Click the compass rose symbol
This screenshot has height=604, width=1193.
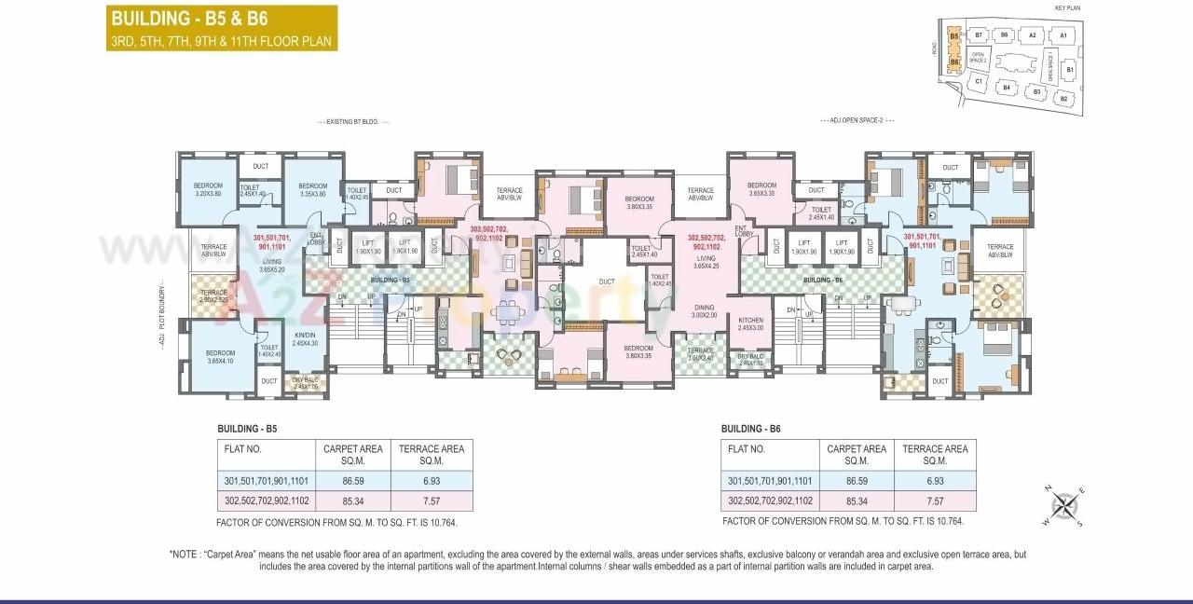(x=1063, y=506)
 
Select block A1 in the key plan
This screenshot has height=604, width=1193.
(x=1063, y=36)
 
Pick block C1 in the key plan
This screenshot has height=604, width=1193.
(x=978, y=82)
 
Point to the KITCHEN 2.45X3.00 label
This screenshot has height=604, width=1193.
(x=750, y=323)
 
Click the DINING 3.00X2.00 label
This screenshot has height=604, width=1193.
(x=704, y=310)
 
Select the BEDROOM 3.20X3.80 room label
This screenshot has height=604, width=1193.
(x=207, y=189)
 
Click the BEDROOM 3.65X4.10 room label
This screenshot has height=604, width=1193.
(x=220, y=357)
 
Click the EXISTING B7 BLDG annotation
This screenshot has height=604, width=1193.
(x=354, y=121)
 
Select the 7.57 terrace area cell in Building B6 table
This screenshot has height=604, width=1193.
(x=935, y=501)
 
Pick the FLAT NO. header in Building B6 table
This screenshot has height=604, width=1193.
(x=746, y=448)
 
